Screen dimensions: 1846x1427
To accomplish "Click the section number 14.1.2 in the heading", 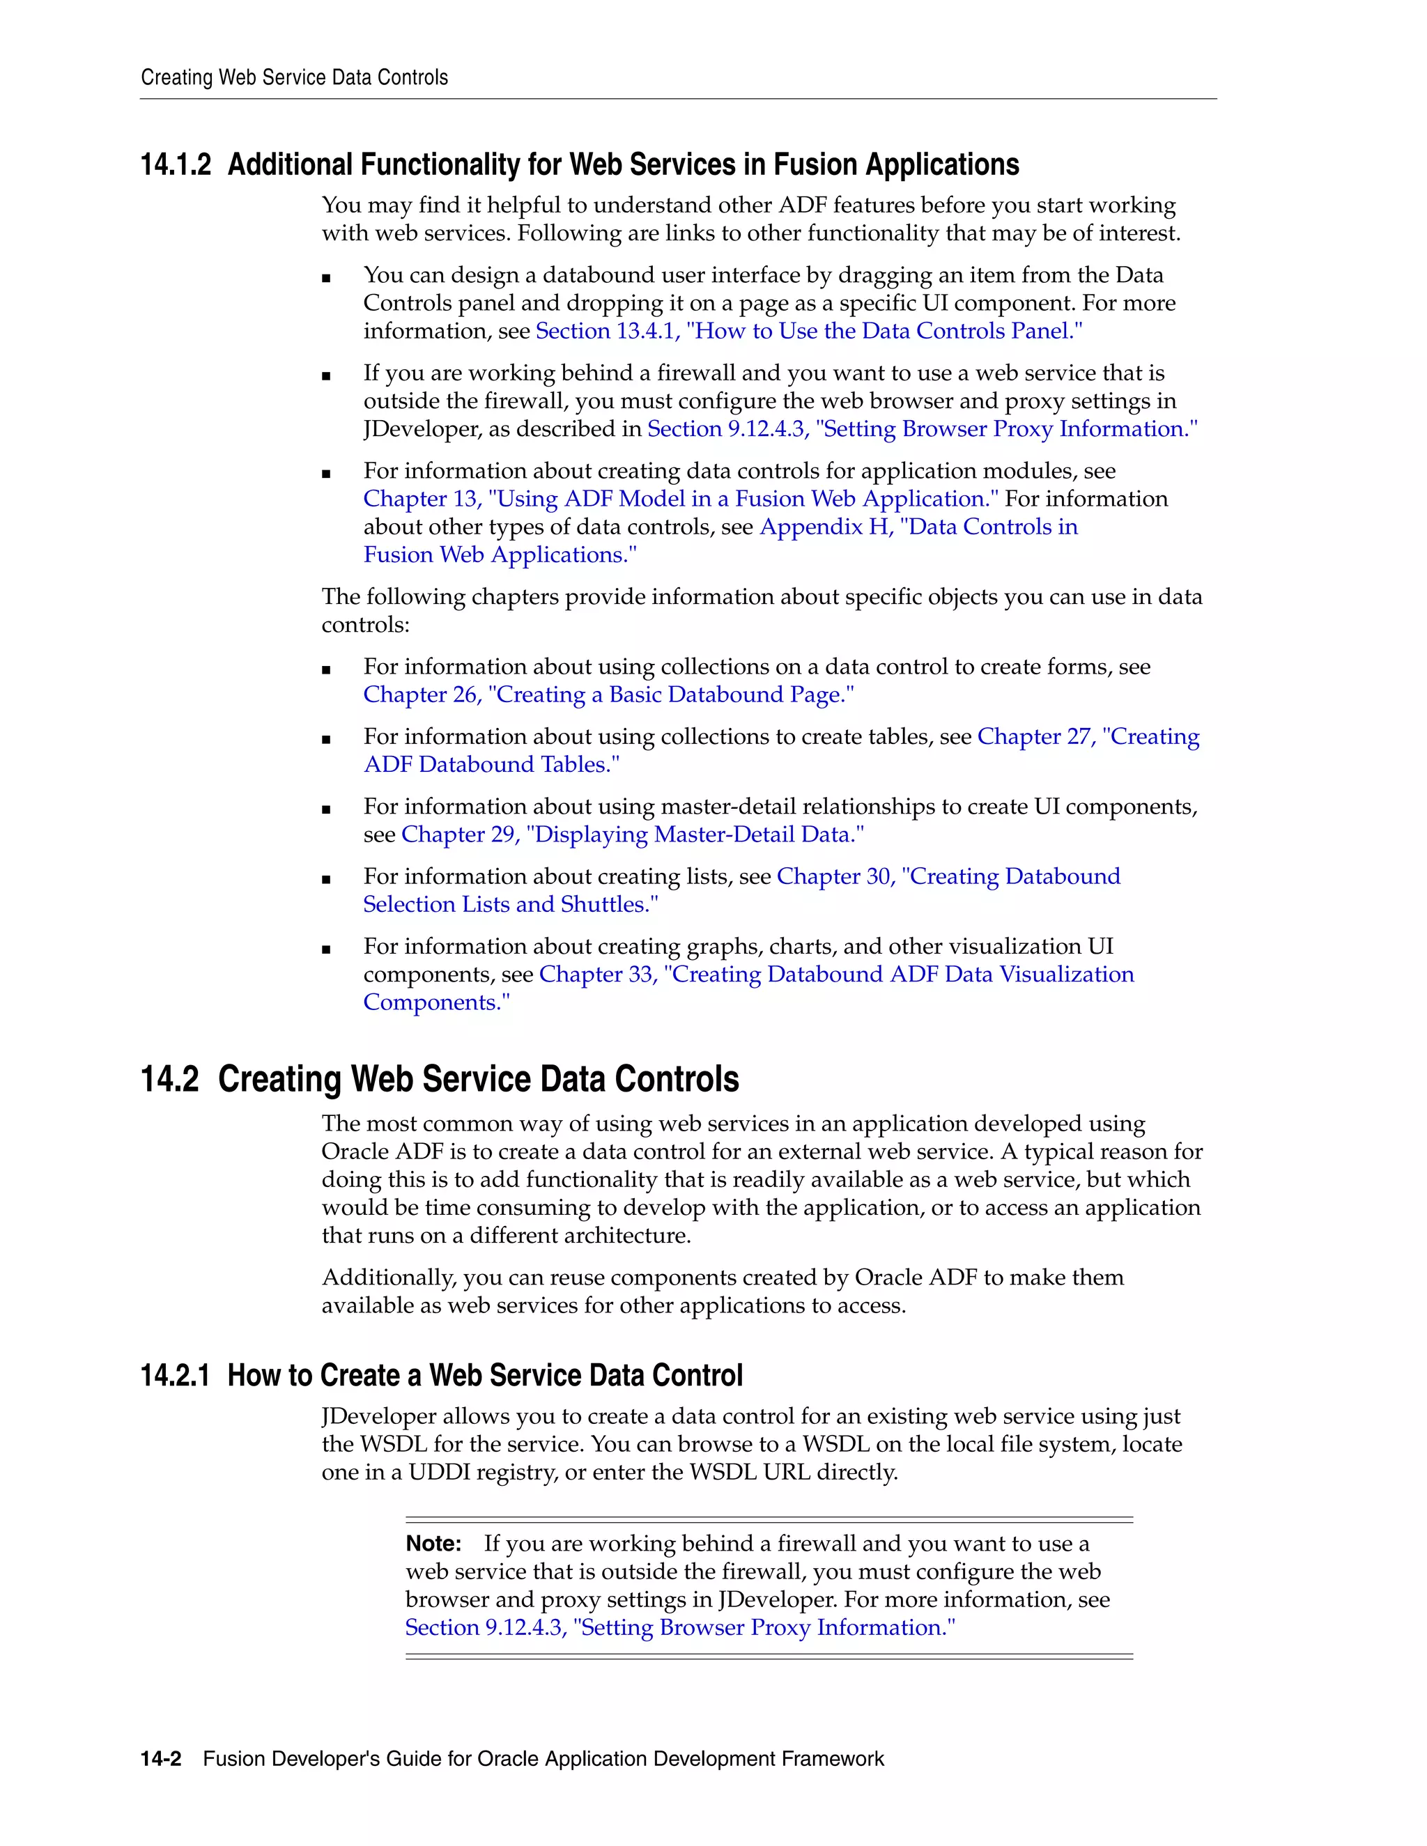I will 175,165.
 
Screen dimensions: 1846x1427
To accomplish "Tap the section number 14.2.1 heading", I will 174,1375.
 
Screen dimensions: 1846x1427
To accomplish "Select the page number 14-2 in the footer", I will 161,1759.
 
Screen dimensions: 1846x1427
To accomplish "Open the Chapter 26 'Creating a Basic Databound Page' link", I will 608,695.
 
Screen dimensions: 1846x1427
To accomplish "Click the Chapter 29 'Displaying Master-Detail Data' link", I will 631,835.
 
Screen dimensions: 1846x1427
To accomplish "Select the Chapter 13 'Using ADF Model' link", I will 679,499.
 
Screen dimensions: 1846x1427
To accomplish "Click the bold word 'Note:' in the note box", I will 433,1544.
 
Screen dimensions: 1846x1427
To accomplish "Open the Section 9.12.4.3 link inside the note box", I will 679,1628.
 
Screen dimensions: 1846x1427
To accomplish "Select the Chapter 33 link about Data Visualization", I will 835,975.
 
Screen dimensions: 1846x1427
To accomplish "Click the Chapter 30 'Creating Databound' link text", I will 948,876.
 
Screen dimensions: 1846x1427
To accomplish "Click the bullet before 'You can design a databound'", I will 326,278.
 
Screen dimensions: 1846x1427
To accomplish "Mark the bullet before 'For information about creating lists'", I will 326,880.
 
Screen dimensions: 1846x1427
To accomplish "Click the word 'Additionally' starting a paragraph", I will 388,1277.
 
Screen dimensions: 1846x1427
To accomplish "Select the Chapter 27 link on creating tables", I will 1087,737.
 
